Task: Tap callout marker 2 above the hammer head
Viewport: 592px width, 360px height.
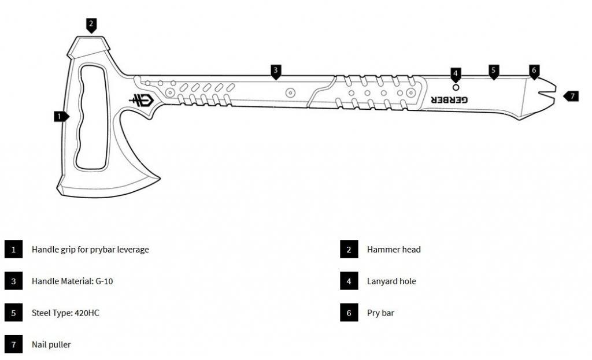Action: [x=91, y=24]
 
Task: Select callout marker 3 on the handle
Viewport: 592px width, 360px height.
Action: [x=276, y=70]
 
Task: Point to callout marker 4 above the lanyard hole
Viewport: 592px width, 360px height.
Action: [x=456, y=73]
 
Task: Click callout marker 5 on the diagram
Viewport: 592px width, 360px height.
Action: [x=493, y=70]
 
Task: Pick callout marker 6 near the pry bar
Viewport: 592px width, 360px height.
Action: [x=534, y=70]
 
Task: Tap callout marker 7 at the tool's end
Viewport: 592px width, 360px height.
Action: [x=571, y=96]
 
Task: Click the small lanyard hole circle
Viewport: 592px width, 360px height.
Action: [x=456, y=87]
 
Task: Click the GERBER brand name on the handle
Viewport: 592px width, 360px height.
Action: [x=449, y=100]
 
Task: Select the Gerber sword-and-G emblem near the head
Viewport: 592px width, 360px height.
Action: [x=141, y=99]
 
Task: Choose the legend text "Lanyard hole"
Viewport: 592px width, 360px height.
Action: [x=391, y=281]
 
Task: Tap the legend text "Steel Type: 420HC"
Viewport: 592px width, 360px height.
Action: [x=61, y=313]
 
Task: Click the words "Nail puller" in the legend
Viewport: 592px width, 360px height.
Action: [x=51, y=344]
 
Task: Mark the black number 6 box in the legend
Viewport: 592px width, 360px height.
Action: [x=349, y=313]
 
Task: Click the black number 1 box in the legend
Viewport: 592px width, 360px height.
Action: [x=13, y=250]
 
